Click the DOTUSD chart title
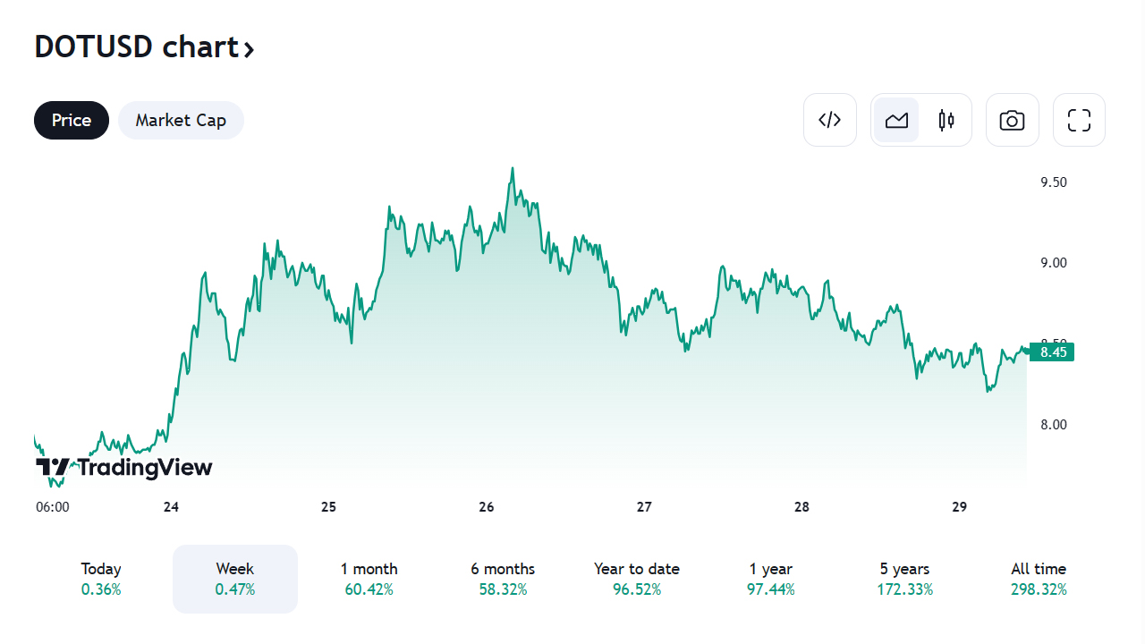click(144, 47)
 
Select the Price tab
click(72, 120)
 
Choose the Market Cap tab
click(181, 120)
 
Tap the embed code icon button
click(830, 120)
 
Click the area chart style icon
click(896, 120)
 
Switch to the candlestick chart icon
click(946, 120)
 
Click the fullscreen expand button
click(1079, 120)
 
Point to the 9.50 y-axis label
click(1053, 182)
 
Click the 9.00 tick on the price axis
click(1053, 263)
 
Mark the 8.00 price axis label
click(1053, 424)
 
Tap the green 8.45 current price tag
click(1053, 352)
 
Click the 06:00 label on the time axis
click(53, 507)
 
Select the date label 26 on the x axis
click(487, 507)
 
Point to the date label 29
click(960, 507)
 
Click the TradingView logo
click(124, 467)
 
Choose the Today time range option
click(101, 579)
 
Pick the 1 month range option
click(369, 579)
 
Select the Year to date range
click(637, 579)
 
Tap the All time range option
click(1039, 579)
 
